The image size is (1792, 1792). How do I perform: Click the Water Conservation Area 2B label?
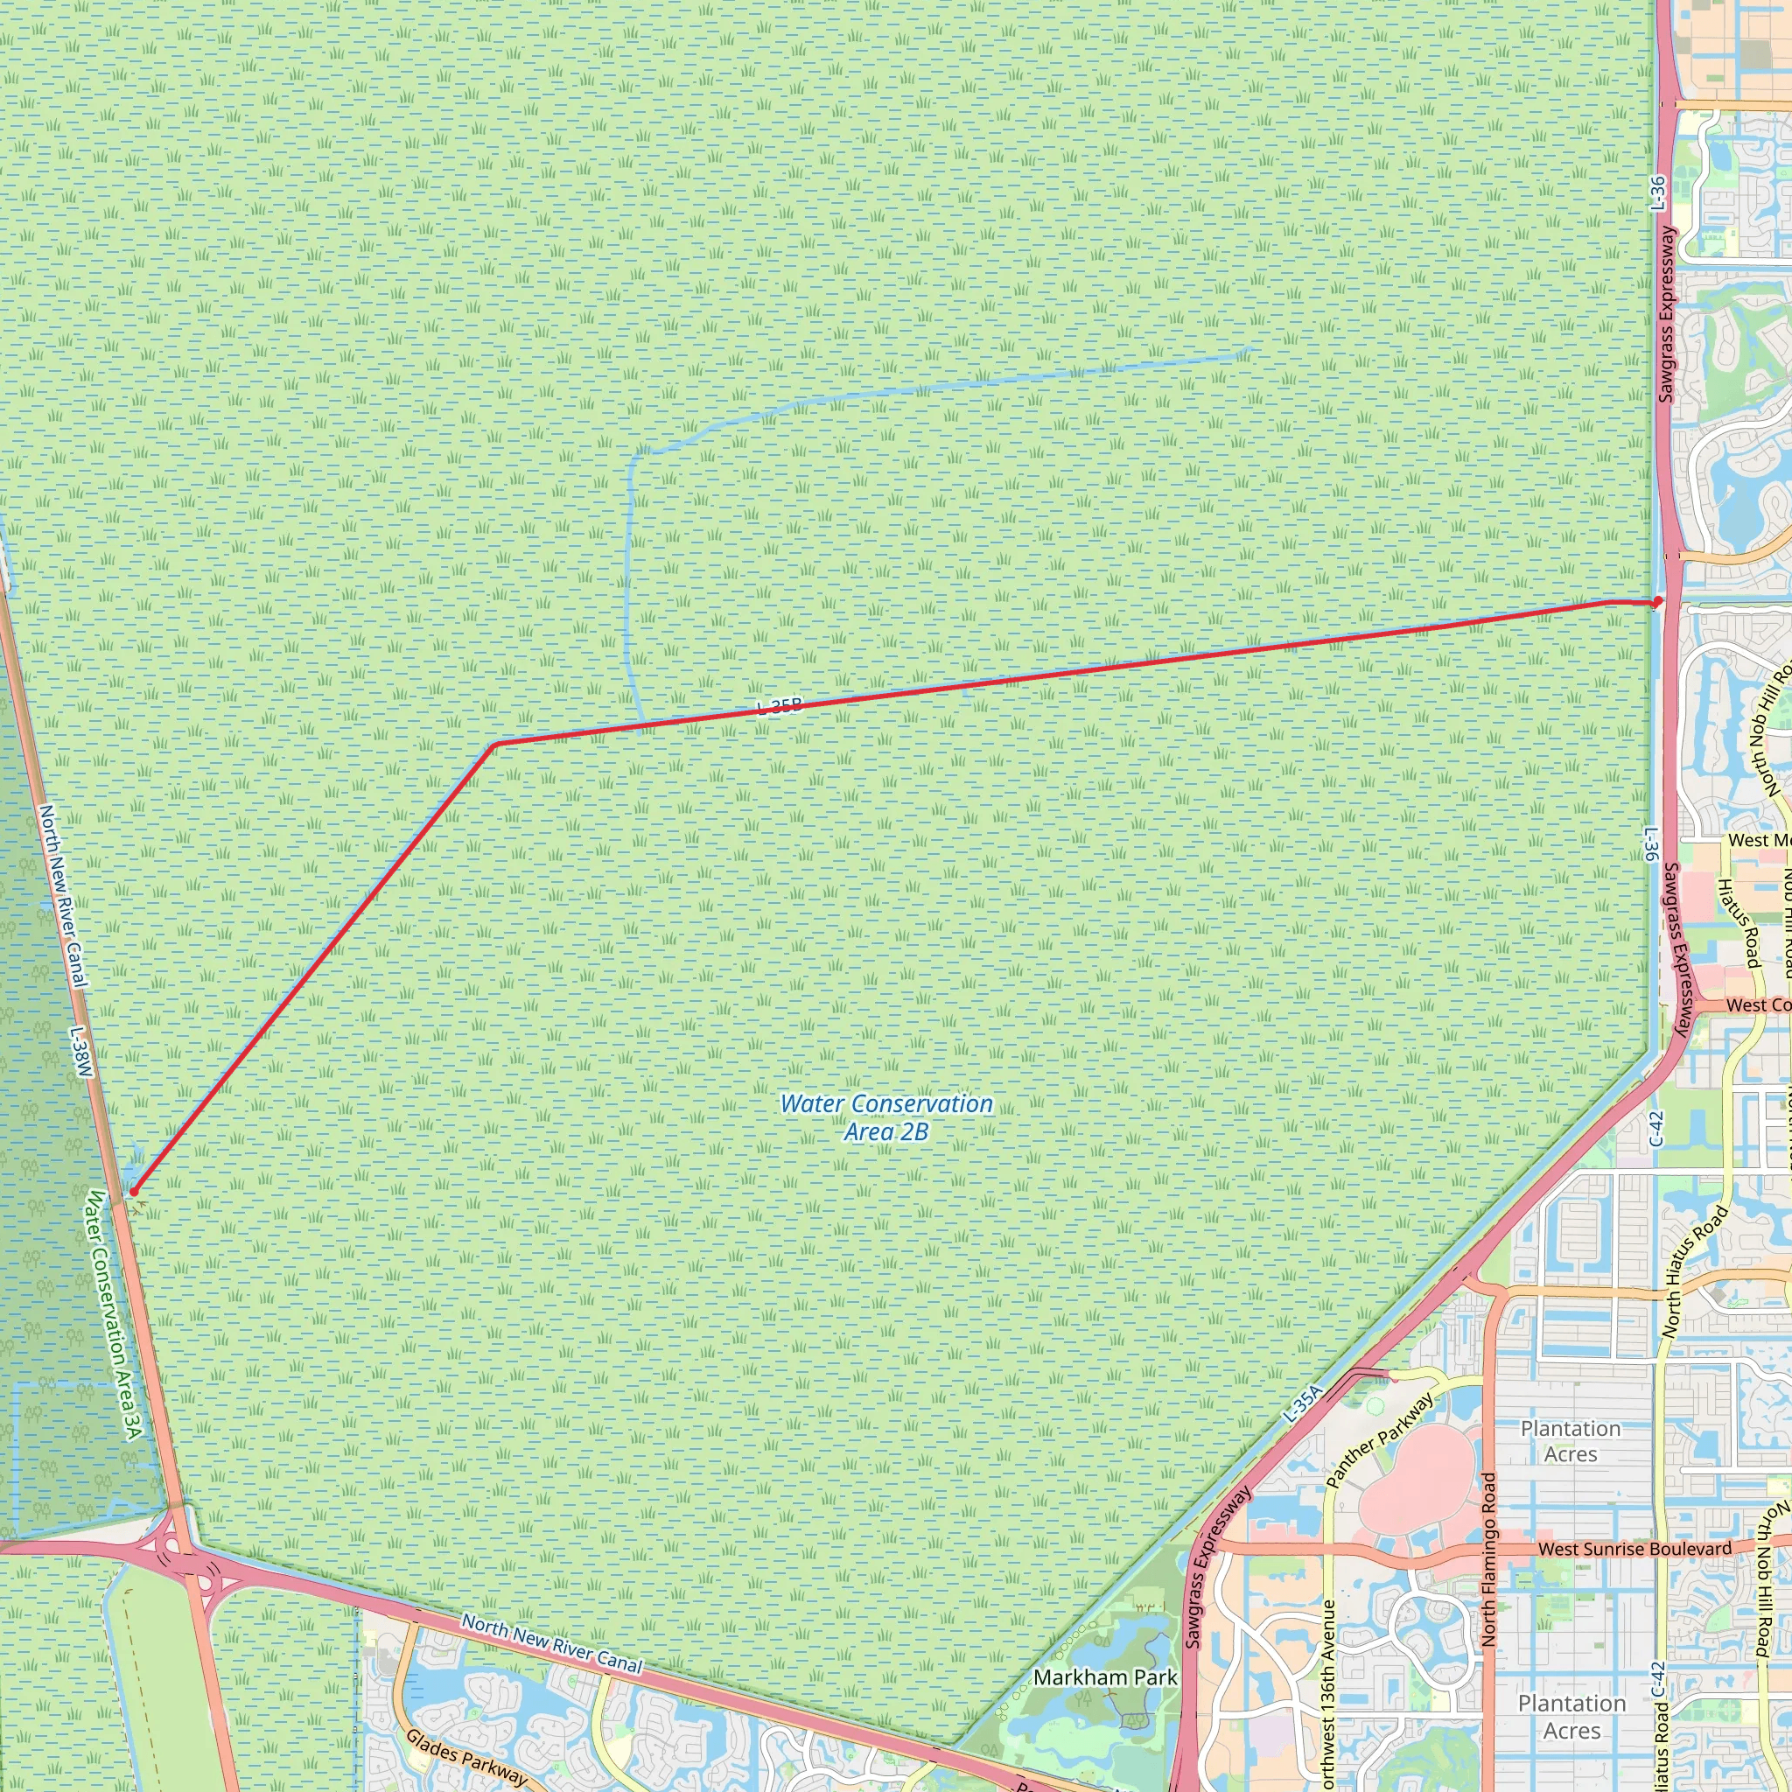pos(885,1117)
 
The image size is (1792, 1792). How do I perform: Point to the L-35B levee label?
pos(778,707)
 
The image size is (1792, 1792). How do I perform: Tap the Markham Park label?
pos(1105,1677)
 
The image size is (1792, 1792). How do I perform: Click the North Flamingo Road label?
pos(1489,1558)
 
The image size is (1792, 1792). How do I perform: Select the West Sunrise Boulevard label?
pos(1634,1549)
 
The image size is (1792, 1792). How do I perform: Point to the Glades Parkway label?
pos(465,1757)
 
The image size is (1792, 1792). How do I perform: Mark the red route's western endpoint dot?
pos(134,1192)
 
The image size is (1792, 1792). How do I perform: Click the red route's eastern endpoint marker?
pos(1656,602)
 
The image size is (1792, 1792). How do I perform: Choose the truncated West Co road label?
pos(1758,1005)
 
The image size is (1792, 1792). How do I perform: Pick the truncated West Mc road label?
pos(1759,840)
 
